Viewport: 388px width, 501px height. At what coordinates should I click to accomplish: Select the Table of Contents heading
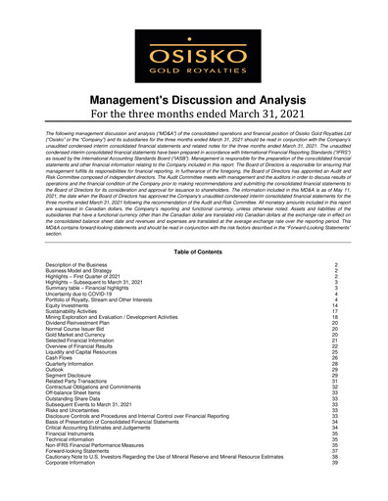pyautogui.click(x=194, y=251)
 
